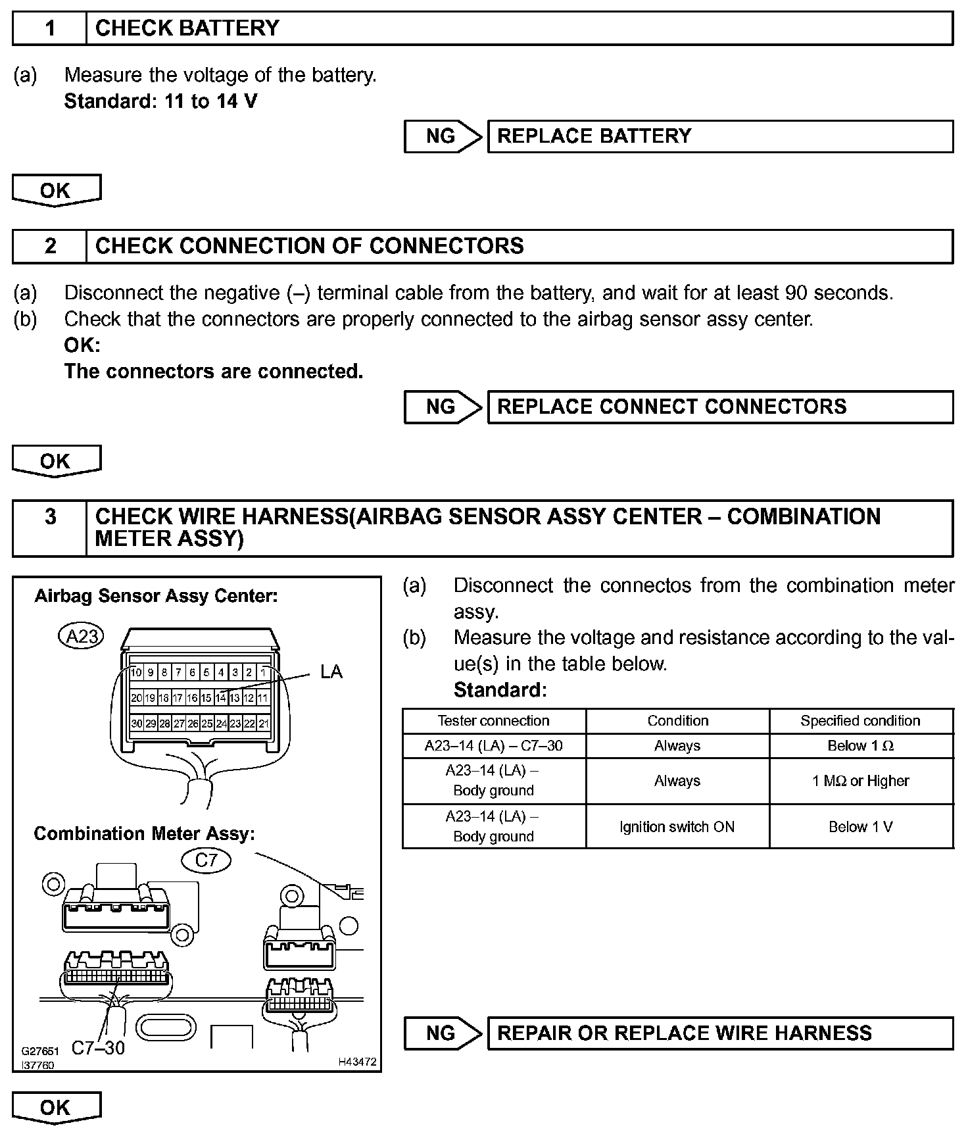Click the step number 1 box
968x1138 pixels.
point(50,28)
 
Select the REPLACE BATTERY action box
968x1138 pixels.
point(719,136)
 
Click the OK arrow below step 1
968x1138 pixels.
point(56,191)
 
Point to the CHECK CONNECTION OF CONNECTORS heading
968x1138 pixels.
point(309,246)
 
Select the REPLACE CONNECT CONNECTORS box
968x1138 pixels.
point(719,407)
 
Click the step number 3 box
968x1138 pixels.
point(50,517)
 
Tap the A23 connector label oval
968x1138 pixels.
point(82,636)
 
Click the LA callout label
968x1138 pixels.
point(331,672)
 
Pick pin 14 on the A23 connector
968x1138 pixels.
point(221,698)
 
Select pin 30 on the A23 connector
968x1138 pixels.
point(136,724)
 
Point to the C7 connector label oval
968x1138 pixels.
point(206,860)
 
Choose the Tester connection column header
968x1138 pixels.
point(493,721)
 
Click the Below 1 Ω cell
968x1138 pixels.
point(860,746)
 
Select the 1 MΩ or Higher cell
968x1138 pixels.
point(860,781)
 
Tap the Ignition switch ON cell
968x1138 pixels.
point(677,827)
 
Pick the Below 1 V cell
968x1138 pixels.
point(860,827)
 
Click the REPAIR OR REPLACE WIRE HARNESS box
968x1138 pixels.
point(719,1033)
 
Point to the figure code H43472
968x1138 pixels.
point(357,1062)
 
